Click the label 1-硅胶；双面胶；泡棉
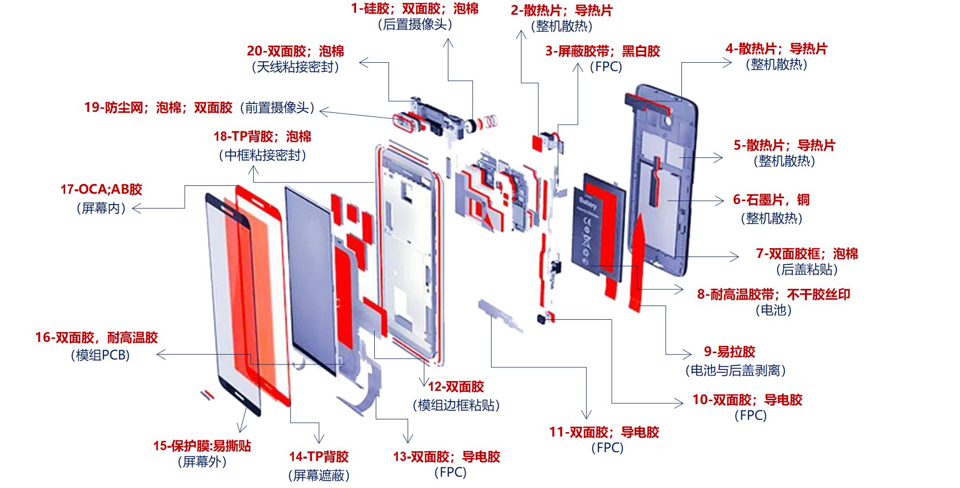[x=415, y=8]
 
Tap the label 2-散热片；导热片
[x=561, y=10]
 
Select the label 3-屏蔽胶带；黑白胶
[x=603, y=51]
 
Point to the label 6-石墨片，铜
[x=771, y=200]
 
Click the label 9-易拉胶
[x=729, y=352]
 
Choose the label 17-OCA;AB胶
[x=101, y=189]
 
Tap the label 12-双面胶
[x=456, y=386]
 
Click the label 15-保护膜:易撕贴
[x=202, y=446]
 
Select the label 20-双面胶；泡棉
[x=295, y=51]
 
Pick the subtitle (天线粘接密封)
[x=295, y=67]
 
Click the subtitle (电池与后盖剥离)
[x=735, y=370]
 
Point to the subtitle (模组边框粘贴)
[x=456, y=405]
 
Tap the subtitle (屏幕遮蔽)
[x=319, y=475]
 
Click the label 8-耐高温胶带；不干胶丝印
[x=774, y=294]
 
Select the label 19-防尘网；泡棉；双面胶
[x=158, y=107]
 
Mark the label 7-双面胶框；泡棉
[x=807, y=254]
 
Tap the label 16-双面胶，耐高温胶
[x=97, y=337]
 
